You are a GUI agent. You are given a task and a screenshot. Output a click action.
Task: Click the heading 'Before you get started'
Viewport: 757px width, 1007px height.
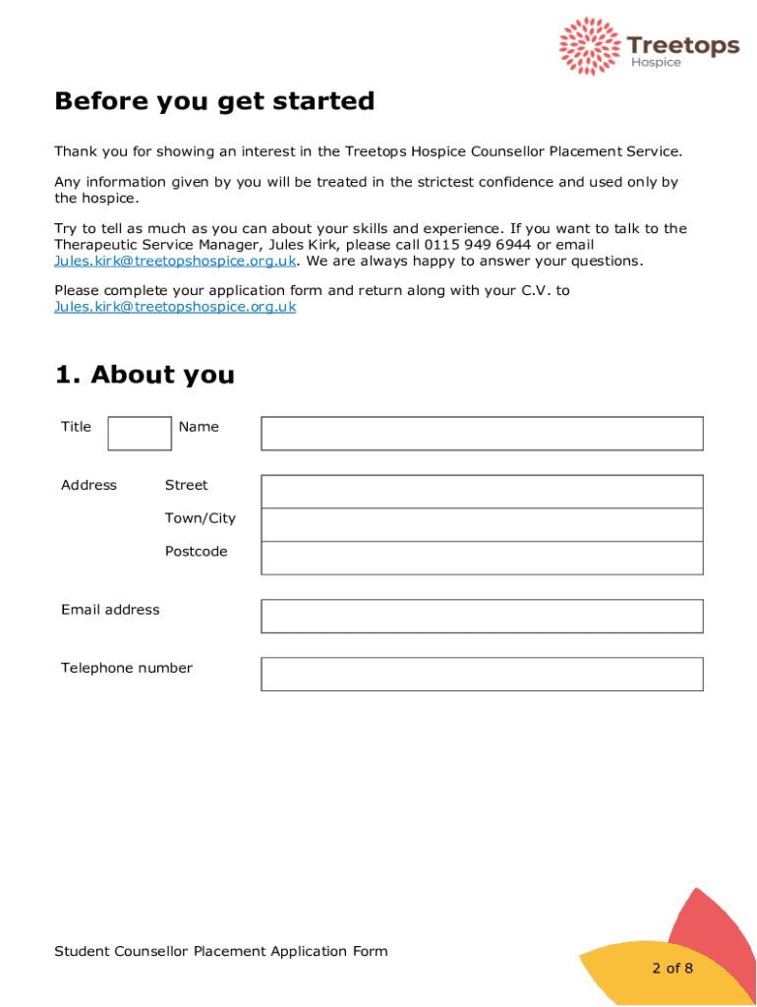pyautogui.click(x=214, y=101)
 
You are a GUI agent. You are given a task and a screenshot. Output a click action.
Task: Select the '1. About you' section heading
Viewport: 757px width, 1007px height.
pyautogui.click(x=145, y=375)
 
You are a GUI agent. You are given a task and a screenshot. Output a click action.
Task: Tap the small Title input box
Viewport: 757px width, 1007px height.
pyautogui.click(x=139, y=433)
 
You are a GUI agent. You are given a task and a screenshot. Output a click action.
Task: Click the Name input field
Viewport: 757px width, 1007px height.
pyautogui.click(x=482, y=433)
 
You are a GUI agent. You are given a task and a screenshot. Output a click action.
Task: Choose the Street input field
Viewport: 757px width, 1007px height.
pyautogui.click(x=482, y=491)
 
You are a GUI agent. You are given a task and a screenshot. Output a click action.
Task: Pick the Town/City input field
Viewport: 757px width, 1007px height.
pyautogui.click(x=482, y=524)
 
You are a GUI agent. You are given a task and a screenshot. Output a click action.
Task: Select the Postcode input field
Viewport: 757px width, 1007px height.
pyautogui.click(x=482, y=558)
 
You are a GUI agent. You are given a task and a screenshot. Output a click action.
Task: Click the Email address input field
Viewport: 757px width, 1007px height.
pyautogui.click(x=482, y=616)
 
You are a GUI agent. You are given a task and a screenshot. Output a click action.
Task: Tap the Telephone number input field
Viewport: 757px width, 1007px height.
pyautogui.click(x=482, y=674)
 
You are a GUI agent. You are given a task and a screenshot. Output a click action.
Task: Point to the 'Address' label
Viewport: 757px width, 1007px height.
pyautogui.click(x=88, y=485)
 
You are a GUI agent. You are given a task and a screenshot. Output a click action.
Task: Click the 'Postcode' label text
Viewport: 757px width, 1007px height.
pyautogui.click(x=196, y=552)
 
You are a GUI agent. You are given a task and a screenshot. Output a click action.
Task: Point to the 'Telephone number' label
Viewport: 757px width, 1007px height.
pyautogui.click(x=127, y=668)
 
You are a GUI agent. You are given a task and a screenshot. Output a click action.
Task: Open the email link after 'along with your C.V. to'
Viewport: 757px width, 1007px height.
pyautogui.click(x=175, y=307)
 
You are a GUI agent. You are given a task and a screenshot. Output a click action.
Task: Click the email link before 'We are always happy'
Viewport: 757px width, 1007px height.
pyautogui.click(x=175, y=261)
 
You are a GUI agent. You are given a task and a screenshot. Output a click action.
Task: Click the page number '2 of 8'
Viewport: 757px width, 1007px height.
pyautogui.click(x=672, y=968)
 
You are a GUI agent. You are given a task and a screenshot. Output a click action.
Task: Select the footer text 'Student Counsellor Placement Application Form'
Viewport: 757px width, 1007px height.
pyautogui.click(x=221, y=951)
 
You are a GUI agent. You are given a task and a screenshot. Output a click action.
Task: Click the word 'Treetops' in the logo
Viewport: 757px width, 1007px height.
pyautogui.click(x=682, y=45)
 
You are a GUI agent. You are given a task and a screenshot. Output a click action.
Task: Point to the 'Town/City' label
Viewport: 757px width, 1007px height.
pyautogui.click(x=201, y=518)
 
